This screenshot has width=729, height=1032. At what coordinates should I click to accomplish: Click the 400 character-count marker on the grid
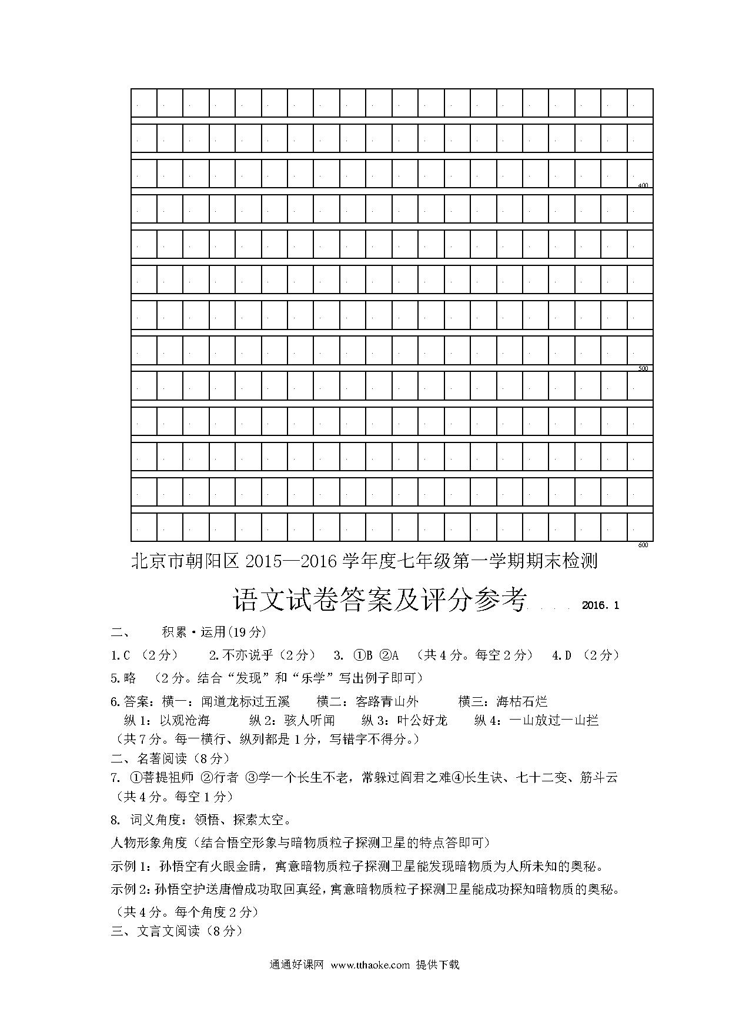click(643, 185)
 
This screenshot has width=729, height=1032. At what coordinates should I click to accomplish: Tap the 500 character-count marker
click(643, 368)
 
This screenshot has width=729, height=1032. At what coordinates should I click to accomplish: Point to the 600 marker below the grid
click(643, 545)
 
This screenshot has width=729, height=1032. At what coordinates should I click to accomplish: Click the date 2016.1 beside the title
click(600, 605)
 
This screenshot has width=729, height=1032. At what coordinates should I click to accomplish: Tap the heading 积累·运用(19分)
click(214, 632)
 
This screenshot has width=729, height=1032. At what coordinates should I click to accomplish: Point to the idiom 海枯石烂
click(522, 701)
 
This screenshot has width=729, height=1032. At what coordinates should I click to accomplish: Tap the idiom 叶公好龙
click(422, 720)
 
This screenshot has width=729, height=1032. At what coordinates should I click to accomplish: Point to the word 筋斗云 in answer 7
click(599, 778)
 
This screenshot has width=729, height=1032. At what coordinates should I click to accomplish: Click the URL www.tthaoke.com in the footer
click(370, 965)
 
